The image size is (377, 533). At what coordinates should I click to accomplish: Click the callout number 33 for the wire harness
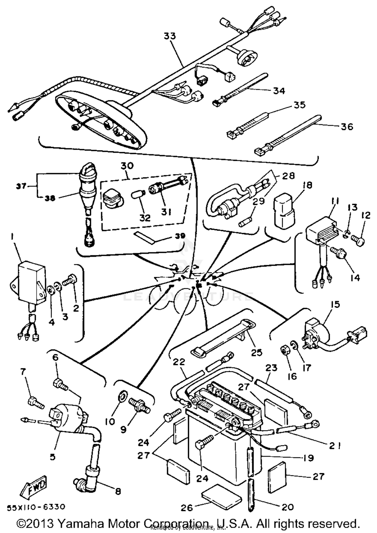[170, 36]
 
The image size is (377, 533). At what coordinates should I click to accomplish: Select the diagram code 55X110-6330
[36, 507]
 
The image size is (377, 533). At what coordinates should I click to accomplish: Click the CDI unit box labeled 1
[30, 282]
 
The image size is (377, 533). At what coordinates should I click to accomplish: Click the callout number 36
[347, 126]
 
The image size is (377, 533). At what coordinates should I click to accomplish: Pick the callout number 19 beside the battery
[308, 458]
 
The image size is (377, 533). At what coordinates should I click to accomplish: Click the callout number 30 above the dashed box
[127, 166]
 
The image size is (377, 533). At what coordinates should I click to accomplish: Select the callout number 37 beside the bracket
[22, 186]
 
